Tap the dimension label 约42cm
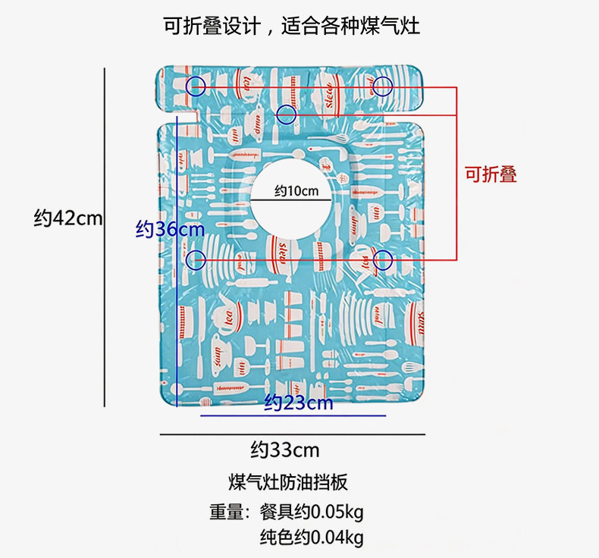67,218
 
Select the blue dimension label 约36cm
170,228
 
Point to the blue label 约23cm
299,403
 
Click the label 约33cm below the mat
285,450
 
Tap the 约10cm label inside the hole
296,190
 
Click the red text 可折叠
491,174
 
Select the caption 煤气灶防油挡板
287,481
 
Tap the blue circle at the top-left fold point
196,86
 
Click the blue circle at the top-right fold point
383,86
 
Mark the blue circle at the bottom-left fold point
196,260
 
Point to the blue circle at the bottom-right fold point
383,260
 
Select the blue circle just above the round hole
286,115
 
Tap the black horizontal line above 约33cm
292,434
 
